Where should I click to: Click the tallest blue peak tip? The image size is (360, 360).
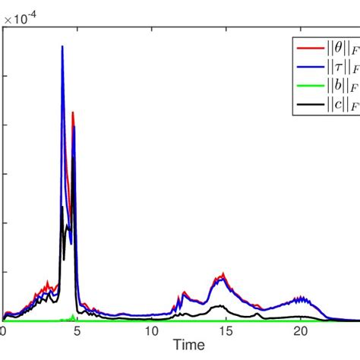point(62,46)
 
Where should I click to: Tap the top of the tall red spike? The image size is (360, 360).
point(73,113)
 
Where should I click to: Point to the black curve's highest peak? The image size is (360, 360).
point(62,207)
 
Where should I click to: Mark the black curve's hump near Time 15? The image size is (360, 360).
point(220,306)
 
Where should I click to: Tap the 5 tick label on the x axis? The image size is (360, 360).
point(77,331)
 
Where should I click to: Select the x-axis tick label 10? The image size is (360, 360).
point(151,331)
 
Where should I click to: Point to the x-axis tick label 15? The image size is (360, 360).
point(226,331)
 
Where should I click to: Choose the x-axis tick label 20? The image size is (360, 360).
point(300,331)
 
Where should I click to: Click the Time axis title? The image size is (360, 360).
point(188,346)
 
